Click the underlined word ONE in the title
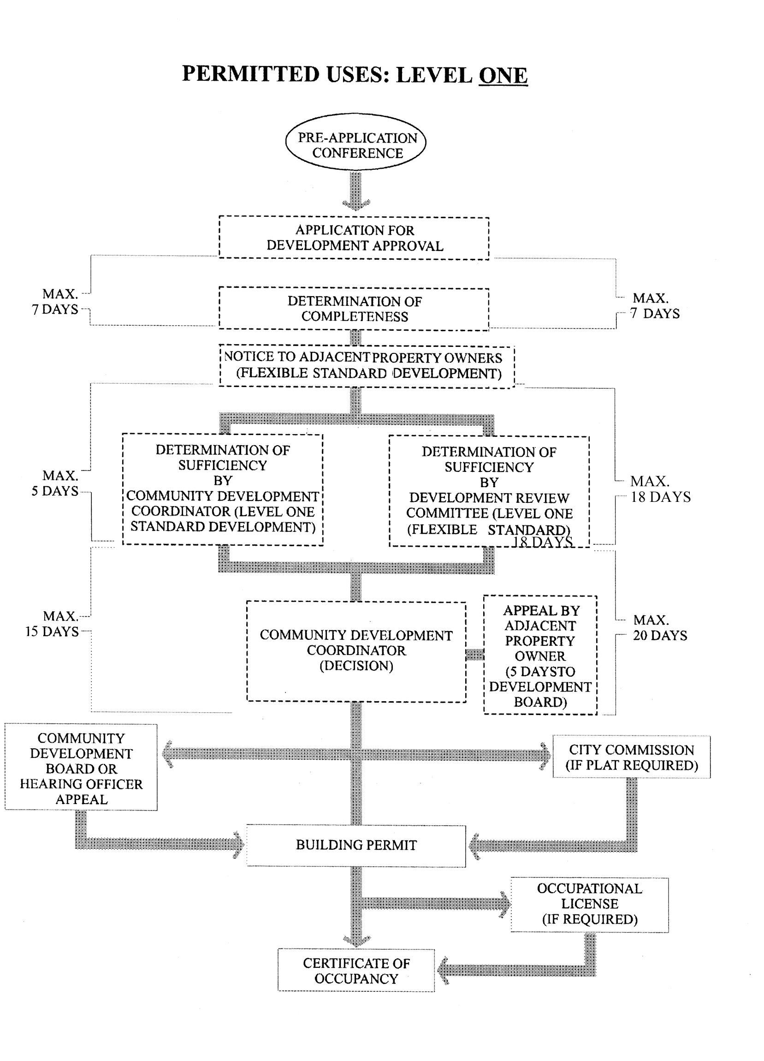click(503, 75)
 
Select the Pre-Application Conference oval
click(356, 142)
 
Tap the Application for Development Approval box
click(354, 238)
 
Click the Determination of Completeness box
click(354, 309)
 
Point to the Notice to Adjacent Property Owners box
click(367, 366)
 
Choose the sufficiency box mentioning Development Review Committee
click(489, 491)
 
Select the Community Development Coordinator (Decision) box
click(356, 651)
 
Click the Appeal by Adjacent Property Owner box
click(540, 655)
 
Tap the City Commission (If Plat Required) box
click(632, 757)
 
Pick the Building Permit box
click(356, 845)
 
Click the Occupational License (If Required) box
click(590, 904)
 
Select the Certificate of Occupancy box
click(356, 971)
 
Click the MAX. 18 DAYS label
click(660, 489)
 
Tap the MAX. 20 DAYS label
click(660, 628)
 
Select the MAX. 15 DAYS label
click(53, 624)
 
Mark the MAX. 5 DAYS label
click(55, 483)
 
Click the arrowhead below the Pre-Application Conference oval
click(356, 204)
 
